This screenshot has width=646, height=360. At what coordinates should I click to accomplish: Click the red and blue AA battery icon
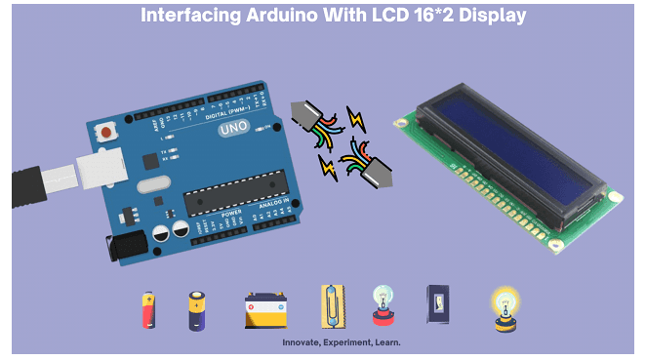pyautogui.click(x=148, y=310)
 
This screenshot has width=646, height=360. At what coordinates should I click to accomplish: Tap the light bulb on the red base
pyautogui.click(x=382, y=305)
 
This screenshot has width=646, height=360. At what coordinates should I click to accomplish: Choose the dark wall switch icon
pyautogui.click(x=436, y=303)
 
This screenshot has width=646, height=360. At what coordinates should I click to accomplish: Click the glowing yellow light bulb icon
pyautogui.click(x=505, y=306)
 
